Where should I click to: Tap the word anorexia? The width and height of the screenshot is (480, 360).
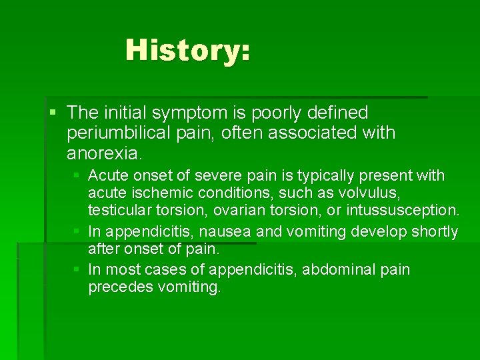click(103, 153)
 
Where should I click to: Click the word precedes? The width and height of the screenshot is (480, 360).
click(117, 287)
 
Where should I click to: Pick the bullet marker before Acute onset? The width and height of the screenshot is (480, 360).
click(78, 176)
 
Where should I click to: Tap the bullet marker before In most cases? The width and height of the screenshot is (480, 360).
click(78, 269)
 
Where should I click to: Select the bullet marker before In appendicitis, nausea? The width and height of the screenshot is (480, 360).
click(78, 231)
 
